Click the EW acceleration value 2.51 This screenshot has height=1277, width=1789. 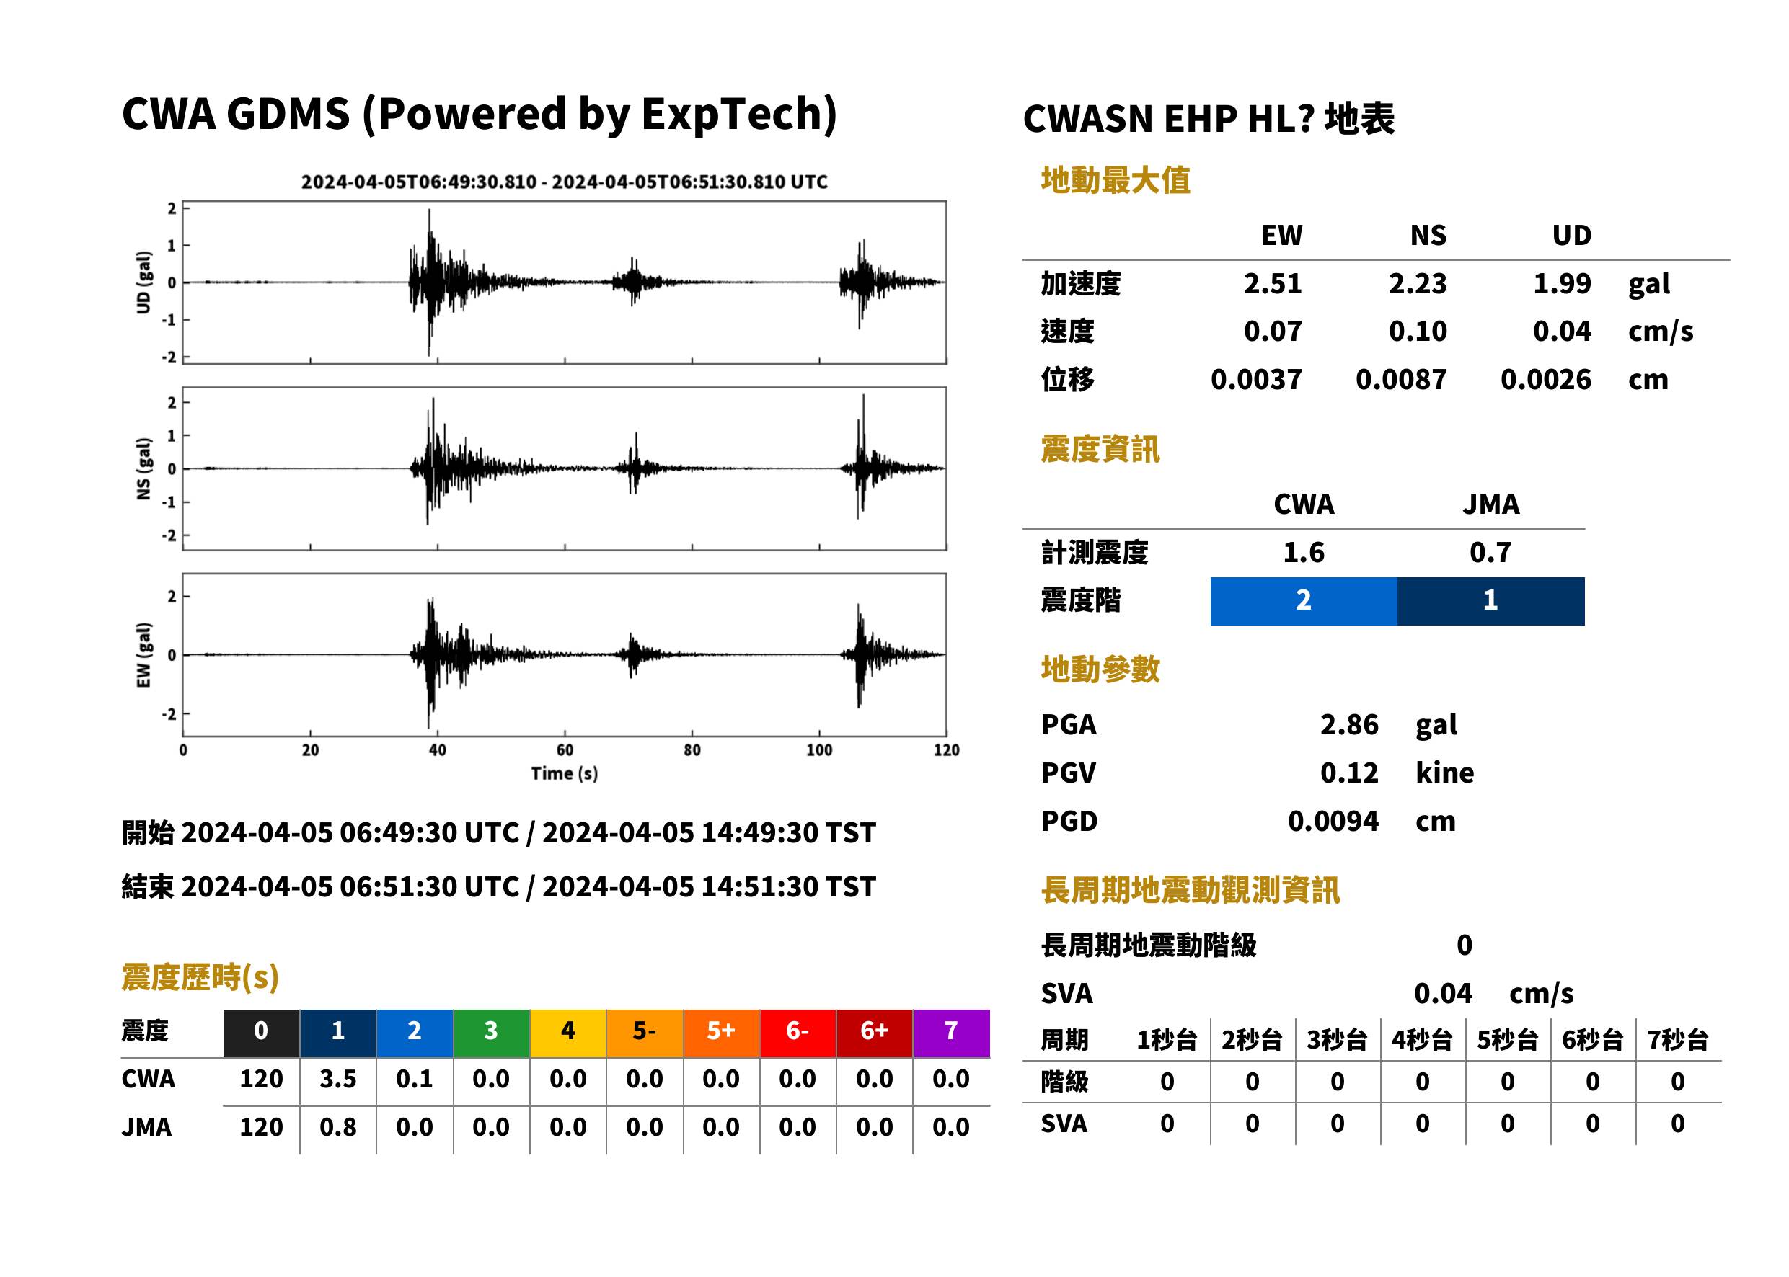1272,283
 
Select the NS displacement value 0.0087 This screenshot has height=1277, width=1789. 1401,380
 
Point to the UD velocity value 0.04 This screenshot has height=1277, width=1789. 1562,331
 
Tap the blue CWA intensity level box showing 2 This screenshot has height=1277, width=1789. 1304,601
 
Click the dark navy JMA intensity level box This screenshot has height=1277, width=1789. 1491,601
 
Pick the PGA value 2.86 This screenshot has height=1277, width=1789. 1349,724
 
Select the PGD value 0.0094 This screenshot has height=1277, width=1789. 1333,821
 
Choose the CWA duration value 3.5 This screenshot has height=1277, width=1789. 338,1079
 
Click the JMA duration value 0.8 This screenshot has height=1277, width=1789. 338,1127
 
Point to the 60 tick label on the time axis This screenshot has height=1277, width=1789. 565,750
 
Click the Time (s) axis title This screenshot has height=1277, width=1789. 564,774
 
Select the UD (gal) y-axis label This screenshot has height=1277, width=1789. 143,282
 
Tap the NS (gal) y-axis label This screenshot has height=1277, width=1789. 143,468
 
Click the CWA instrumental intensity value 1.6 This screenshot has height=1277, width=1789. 1304,552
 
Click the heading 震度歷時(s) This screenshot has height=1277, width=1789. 200,977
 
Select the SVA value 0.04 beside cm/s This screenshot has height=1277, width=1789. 1443,993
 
